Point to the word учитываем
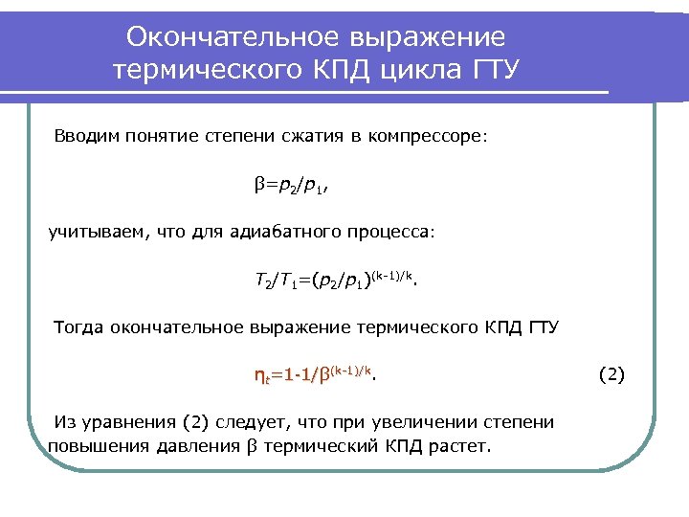96,232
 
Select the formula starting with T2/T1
336,280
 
